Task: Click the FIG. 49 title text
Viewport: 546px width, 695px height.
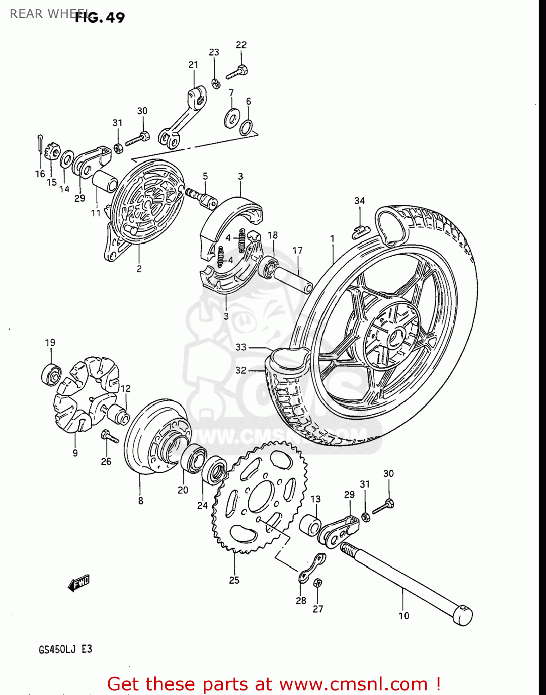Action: (100, 18)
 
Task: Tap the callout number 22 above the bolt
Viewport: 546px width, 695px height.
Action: (241, 45)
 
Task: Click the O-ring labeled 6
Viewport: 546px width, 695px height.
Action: (246, 126)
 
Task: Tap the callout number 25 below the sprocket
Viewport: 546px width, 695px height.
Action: (234, 580)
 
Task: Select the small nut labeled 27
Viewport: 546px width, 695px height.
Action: (318, 584)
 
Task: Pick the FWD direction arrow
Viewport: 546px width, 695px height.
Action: (79, 583)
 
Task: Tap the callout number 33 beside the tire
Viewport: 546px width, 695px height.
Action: (241, 347)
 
